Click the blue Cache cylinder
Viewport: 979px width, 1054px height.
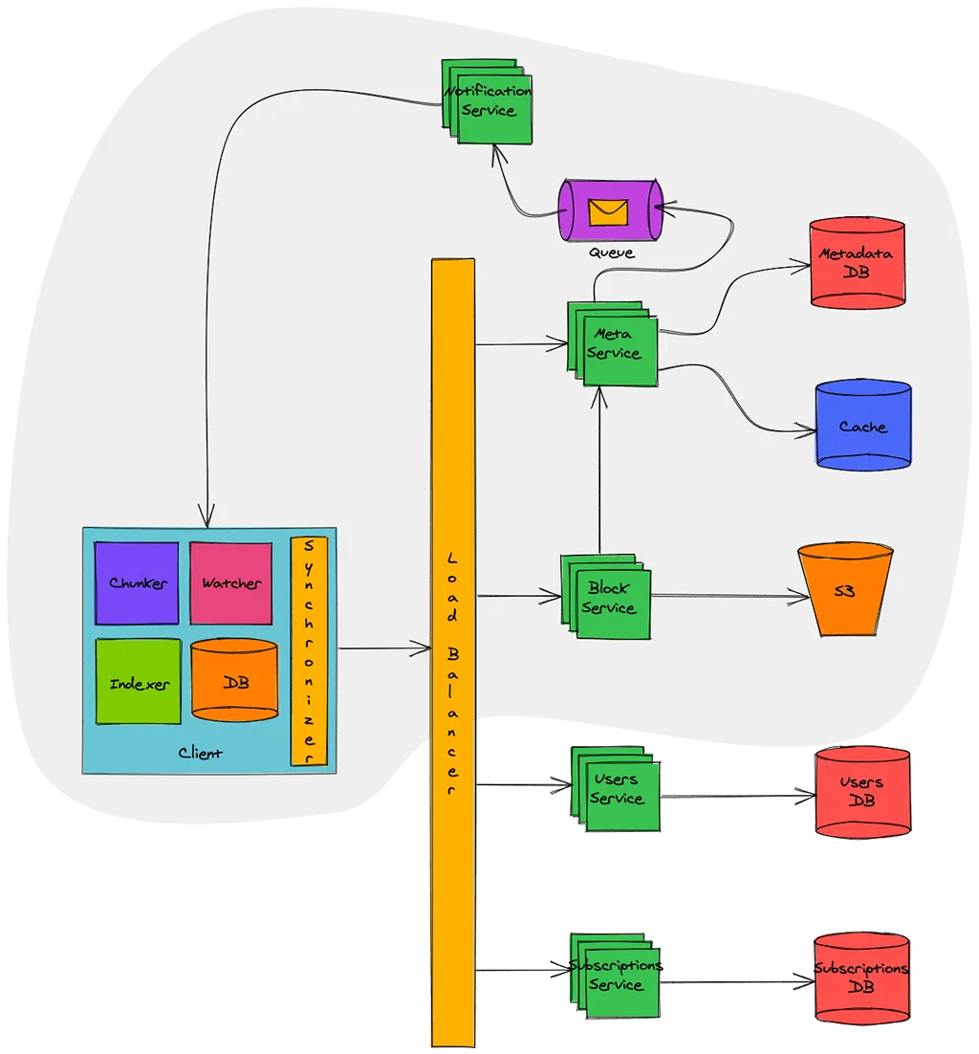coord(863,427)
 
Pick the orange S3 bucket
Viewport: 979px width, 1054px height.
coord(845,590)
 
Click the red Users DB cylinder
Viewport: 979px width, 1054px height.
coord(861,791)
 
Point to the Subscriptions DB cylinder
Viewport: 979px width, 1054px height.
coord(861,977)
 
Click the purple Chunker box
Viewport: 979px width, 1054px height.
coord(137,582)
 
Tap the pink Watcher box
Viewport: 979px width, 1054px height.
coord(230,582)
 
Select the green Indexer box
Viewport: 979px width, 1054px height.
coord(139,683)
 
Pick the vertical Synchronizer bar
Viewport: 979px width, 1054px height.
coord(309,650)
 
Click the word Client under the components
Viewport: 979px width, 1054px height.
coord(201,754)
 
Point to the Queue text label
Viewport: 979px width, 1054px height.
coord(611,253)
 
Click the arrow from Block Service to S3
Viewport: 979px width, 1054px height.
coord(727,597)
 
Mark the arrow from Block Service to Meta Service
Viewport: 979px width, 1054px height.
coord(599,469)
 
